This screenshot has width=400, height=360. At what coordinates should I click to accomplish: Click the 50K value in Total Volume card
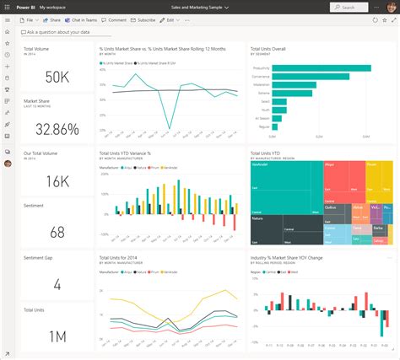(x=57, y=78)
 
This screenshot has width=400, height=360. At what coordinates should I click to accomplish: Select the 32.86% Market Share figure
(x=51, y=129)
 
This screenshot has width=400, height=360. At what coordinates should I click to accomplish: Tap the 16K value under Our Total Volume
(x=57, y=180)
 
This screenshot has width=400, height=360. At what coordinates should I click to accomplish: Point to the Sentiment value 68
(x=57, y=232)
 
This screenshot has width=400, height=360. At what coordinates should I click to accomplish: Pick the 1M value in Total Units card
(x=57, y=336)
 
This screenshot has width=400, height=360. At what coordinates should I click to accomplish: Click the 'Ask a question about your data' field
(x=59, y=32)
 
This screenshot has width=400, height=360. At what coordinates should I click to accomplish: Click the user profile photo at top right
(x=391, y=6)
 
